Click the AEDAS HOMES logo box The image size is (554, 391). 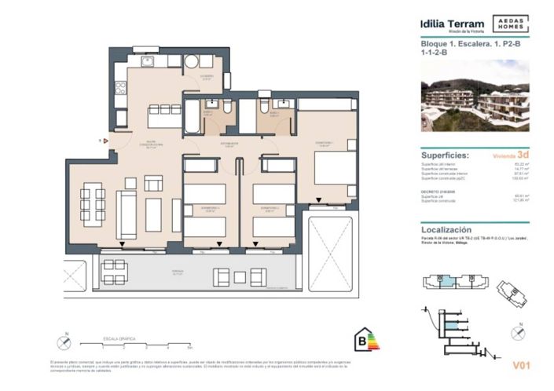[508, 24]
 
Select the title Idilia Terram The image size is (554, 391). [452, 24]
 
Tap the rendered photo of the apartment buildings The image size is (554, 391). [475, 96]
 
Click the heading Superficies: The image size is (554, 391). [446, 155]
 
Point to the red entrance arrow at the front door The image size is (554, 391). [101, 141]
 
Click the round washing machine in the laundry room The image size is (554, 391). [192, 63]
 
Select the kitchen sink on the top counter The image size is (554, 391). [147, 61]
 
